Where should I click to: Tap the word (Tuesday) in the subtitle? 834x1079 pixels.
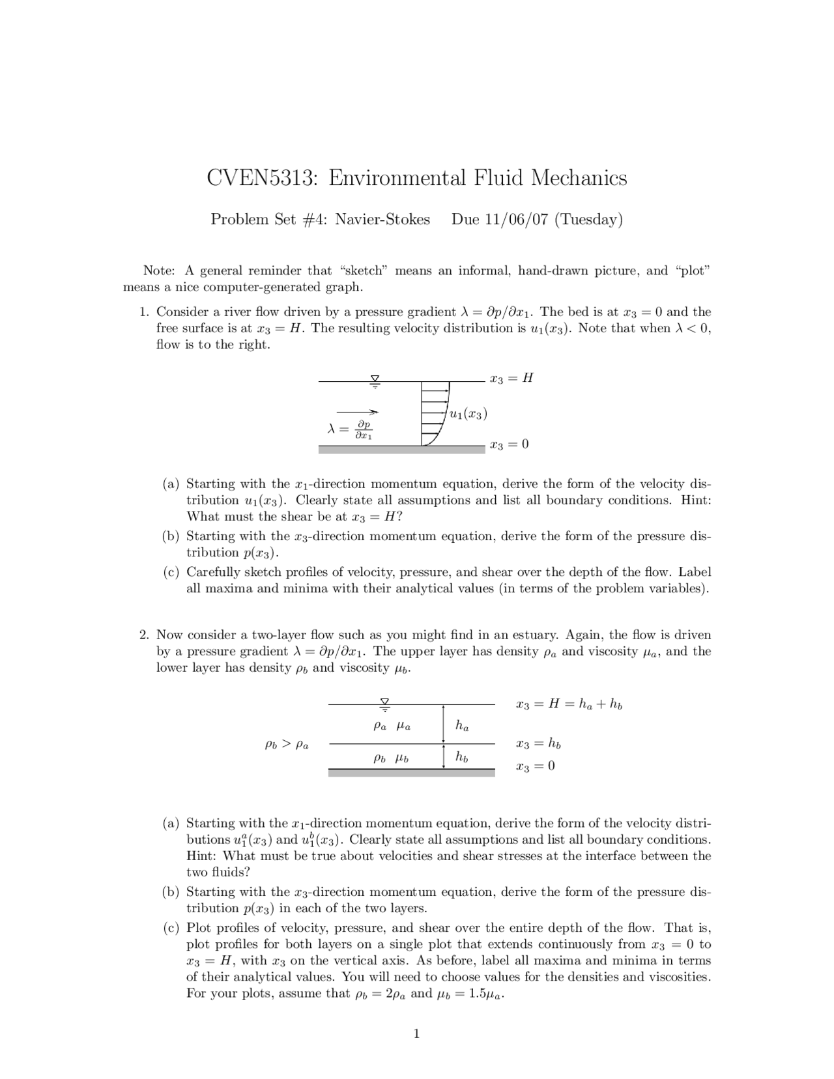(589, 220)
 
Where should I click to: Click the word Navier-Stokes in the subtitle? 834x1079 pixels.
(382, 220)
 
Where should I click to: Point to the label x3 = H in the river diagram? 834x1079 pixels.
(511, 378)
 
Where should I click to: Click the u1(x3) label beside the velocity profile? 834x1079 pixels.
(468, 414)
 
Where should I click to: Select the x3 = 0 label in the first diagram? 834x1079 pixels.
(509, 444)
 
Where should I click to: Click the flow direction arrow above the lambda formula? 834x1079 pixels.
(358, 412)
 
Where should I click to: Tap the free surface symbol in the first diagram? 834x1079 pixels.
(375, 381)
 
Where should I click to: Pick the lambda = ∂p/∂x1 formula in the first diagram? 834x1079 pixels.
(350, 429)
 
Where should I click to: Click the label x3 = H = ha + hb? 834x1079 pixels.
(569, 704)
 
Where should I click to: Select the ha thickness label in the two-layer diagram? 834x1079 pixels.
(462, 725)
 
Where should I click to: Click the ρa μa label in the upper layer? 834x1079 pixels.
(392, 725)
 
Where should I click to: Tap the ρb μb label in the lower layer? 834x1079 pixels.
(391, 758)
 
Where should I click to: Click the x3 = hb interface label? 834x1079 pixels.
(538, 743)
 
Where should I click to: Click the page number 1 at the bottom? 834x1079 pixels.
(417, 1033)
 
